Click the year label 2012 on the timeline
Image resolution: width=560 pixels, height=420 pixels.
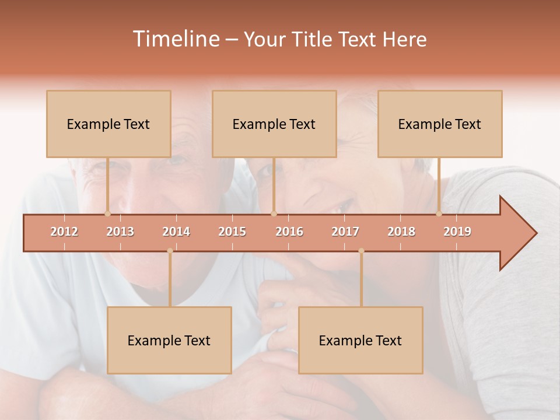[64, 232]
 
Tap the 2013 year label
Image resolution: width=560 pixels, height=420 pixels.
[120, 232]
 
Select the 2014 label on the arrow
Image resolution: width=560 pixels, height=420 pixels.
[176, 232]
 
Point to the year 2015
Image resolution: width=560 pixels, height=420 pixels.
[232, 232]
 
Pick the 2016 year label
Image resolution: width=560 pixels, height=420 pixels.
[289, 232]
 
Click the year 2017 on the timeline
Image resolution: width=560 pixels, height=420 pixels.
[345, 232]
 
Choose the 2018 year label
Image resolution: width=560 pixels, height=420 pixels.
[401, 232]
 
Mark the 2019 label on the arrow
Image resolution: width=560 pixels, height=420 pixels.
[457, 232]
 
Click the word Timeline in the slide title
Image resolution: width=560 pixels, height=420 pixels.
[176, 39]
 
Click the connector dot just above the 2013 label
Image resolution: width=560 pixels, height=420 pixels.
[107, 213]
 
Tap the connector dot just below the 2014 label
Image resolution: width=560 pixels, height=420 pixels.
[170, 251]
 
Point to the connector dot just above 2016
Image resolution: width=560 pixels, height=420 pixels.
[274, 213]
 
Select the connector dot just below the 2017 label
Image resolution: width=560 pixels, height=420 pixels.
[361, 251]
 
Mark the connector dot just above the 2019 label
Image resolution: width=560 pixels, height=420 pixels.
[439, 213]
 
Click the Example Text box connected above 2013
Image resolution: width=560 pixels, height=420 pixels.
[108, 124]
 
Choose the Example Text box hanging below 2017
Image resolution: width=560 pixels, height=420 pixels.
[360, 340]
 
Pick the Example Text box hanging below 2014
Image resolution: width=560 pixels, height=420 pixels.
[169, 340]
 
